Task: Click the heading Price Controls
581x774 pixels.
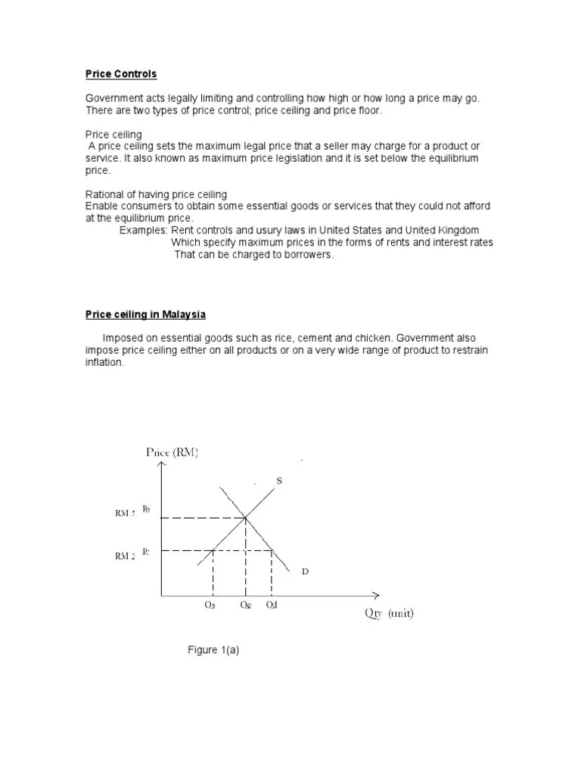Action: click(x=121, y=75)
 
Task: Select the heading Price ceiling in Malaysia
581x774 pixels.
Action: click(x=145, y=314)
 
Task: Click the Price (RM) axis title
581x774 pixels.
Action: click(x=172, y=453)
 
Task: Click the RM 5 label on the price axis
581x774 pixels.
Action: click(x=125, y=513)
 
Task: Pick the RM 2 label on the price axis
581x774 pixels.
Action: click(x=125, y=556)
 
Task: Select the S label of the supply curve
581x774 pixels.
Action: click(x=279, y=481)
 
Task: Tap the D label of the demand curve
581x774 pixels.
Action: click(x=305, y=572)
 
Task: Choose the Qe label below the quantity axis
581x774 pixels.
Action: click(x=244, y=606)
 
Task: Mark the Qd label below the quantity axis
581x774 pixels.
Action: click(x=272, y=606)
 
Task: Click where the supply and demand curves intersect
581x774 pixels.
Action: click(x=245, y=518)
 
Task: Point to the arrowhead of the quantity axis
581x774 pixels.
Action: click(x=375, y=596)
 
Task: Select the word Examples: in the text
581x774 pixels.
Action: click(x=143, y=230)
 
